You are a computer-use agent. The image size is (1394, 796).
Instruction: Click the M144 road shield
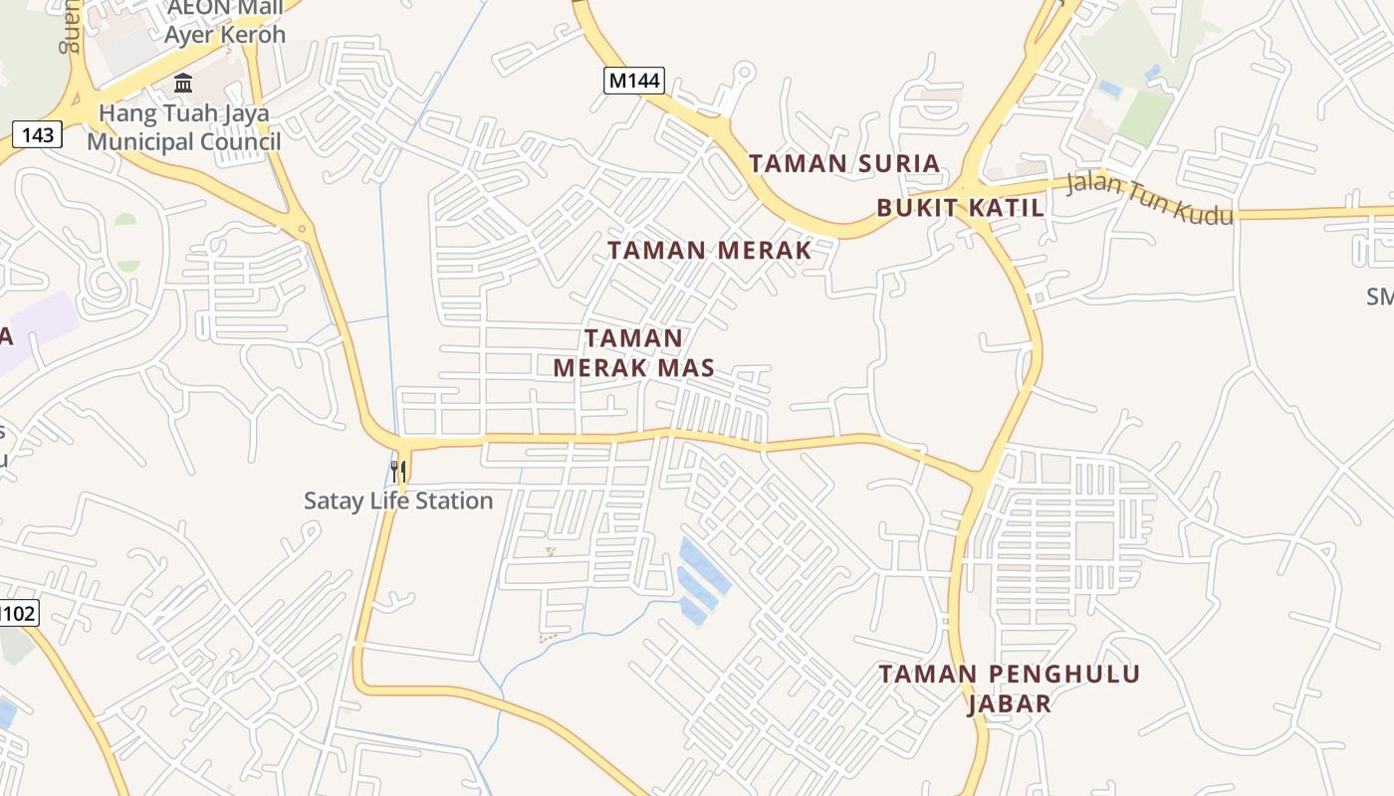point(633,81)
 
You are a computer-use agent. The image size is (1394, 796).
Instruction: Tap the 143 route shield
point(38,133)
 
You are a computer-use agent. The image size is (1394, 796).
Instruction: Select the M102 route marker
point(17,613)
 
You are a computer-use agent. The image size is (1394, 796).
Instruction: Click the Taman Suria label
point(843,163)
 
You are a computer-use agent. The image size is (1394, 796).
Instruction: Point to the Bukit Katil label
point(960,208)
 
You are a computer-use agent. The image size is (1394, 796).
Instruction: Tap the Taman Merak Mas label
point(633,353)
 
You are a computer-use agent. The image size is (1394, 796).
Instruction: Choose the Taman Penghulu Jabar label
point(1009,689)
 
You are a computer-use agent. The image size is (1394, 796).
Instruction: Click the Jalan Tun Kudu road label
point(1149,198)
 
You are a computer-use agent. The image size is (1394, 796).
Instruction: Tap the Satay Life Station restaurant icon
point(398,470)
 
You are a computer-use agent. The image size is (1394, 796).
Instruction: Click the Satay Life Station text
point(398,500)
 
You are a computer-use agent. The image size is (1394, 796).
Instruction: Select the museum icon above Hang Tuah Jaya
point(183,83)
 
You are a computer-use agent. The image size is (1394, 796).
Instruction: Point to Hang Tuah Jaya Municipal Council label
point(183,127)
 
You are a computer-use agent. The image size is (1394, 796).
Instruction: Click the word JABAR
point(1009,703)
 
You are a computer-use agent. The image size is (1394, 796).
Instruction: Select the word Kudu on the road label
point(1206,208)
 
